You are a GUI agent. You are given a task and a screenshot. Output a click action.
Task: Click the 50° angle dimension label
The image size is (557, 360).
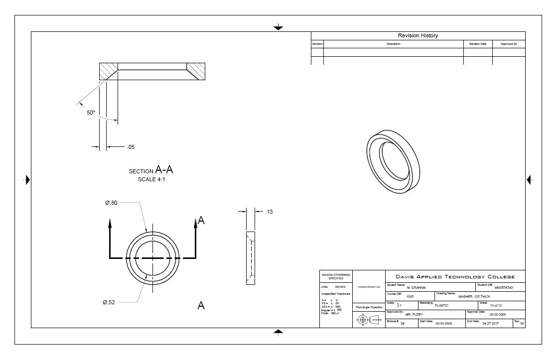pyautogui.click(x=91, y=113)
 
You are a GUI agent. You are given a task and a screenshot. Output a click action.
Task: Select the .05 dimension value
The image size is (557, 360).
pyautogui.click(x=131, y=147)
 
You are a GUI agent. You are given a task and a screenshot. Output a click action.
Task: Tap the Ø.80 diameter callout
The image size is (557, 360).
pyautogui.click(x=111, y=203)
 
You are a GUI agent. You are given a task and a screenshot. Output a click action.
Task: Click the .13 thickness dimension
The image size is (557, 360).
pyautogui.click(x=269, y=212)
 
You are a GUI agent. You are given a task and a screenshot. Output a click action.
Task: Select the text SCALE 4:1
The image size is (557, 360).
pyautogui.click(x=151, y=180)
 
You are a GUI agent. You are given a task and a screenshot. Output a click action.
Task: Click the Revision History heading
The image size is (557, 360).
pyautogui.click(x=418, y=36)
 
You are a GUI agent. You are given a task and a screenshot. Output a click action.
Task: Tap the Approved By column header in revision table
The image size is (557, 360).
pyautogui.click(x=509, y=44)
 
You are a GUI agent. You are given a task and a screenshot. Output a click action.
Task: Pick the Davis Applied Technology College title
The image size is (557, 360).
pyautogui.click(x=455, y=277)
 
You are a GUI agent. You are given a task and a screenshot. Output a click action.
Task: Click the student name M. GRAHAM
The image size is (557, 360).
pyautogui.click(x=416, y=288)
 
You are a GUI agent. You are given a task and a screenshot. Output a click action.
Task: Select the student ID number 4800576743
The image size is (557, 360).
pyautogui.click(x=503, y=288)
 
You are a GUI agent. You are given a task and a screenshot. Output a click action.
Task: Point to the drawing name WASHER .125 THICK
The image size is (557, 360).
pyautogui.click(x=474, y=296)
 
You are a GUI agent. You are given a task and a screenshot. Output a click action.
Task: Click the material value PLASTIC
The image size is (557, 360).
pyautogui.click(x=441, y=305)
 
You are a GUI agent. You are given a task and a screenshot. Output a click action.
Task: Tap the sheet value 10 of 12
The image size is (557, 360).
pyautogui.click(x=496, y=305)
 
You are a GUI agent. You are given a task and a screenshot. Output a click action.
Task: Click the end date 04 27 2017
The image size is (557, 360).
pyautogui.click(x=490, y=324)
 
